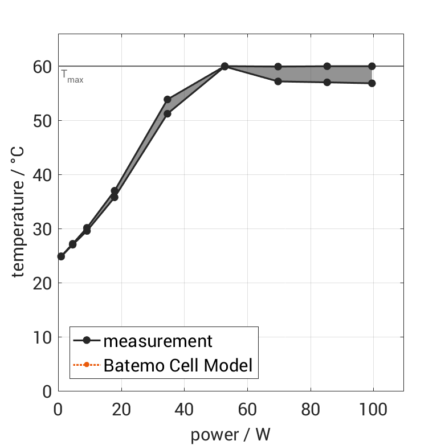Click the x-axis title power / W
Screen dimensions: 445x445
pyautogui.click(x=230, y=435)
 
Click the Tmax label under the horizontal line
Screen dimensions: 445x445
pyautogui.click(x=72, y=77)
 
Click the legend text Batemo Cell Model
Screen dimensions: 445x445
pyautogui.click(x=178, y=365)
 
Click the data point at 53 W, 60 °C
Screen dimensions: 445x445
pyautogui.click(x=224, y=67)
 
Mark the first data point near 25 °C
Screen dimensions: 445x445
pyautogui.click(x=61, y=256)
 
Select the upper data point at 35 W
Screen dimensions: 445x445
pyautogui.click(x=168, y=100)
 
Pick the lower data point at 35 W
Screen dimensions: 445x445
pyautogui.click(x=168, y=113)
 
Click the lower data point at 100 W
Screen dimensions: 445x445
pyautogui.click(x=372, y=83)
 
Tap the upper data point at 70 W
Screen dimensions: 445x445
pyautogui.click(x=278, y=67)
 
